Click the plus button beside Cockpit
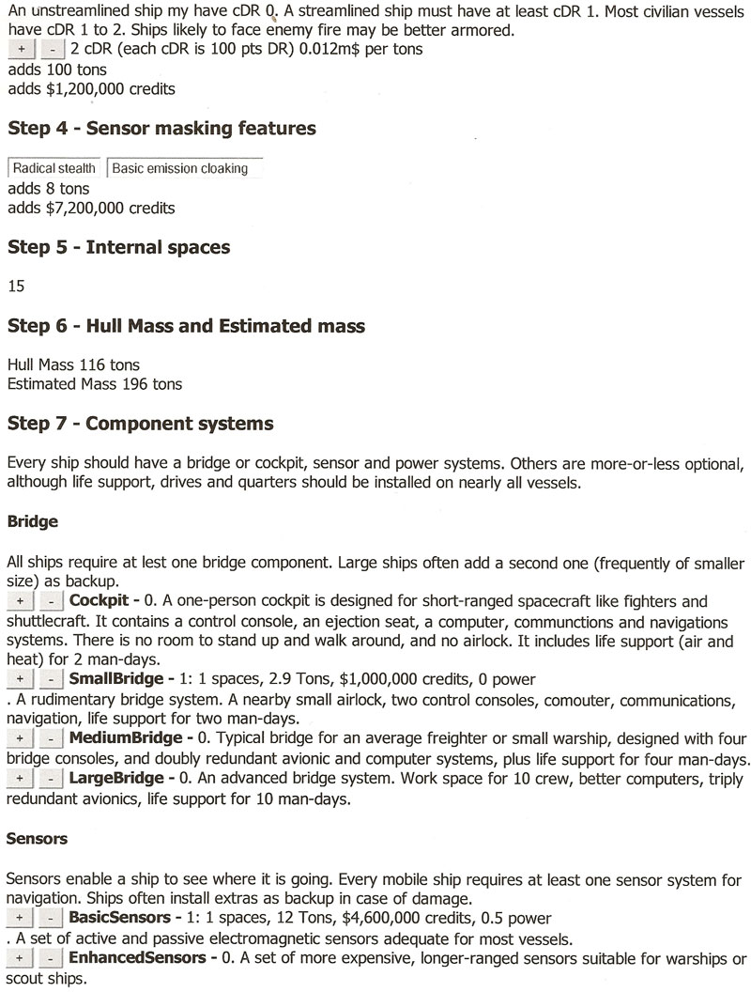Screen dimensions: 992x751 [21, 600]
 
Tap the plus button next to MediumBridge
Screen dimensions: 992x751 [21, 739]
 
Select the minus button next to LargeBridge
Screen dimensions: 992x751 [53, 779]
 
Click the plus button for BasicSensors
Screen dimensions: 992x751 [21, 917]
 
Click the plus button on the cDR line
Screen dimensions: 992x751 [21, 48]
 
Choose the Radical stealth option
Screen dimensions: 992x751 [54, 169]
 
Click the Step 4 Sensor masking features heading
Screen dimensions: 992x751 [161, 129]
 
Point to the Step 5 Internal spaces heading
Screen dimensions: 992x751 [118, 248]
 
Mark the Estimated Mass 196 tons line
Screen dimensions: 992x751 [94, 383]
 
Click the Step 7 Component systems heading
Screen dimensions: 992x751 [140, 424]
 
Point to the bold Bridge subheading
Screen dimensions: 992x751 [32, 520]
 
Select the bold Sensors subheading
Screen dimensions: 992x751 [38, 838]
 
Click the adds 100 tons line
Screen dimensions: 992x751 [56, 70]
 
